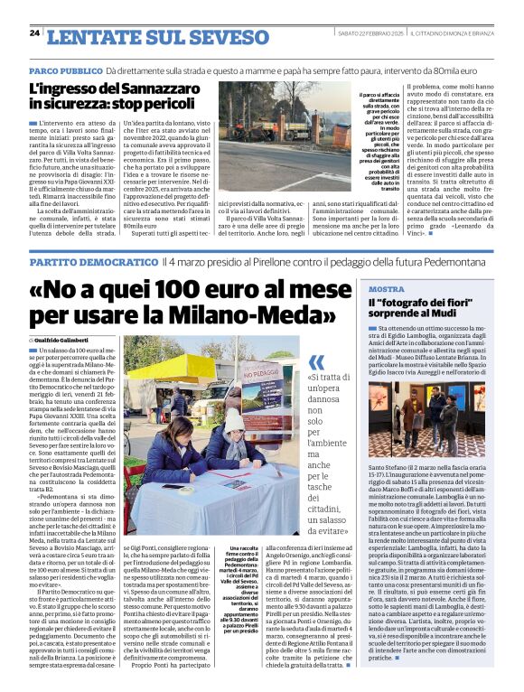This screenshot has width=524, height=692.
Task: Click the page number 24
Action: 34,33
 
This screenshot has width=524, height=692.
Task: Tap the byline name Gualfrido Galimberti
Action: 71,338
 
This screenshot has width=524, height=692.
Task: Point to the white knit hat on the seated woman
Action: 234,422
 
